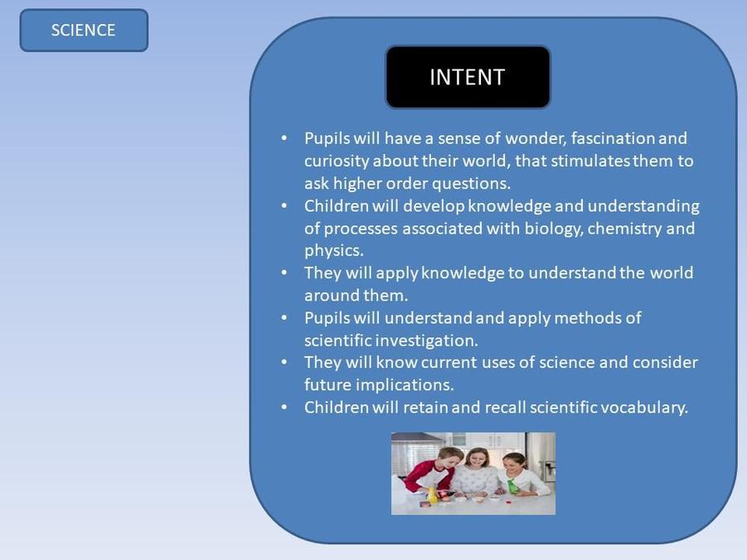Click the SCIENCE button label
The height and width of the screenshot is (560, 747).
[84, 30]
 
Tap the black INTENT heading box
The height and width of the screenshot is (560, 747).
[468, 77]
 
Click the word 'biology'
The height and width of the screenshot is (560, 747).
[554, 229]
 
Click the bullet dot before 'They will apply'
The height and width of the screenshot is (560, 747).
[284, 273]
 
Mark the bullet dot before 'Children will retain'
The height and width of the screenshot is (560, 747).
[284, 408]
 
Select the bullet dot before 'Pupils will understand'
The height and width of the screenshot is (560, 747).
[284, 317]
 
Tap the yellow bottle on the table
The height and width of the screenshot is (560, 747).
[432, 495]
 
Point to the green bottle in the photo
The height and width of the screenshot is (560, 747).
[512, 485]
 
